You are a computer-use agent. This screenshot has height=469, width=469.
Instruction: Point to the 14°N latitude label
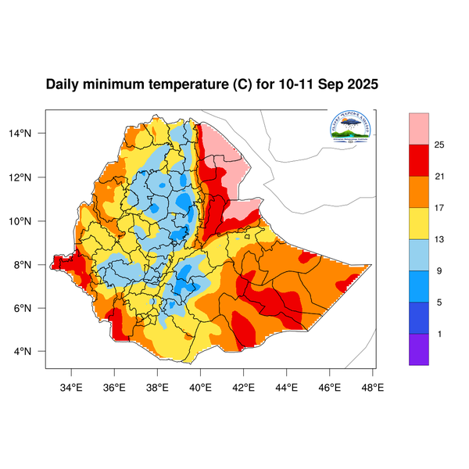[30, 134]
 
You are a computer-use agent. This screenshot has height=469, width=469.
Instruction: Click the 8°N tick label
[32, 264]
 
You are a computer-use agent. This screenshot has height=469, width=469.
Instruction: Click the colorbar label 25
[439, 145]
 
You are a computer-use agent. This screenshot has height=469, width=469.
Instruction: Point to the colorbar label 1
[439, 335]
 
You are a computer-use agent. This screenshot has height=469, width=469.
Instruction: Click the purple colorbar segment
[418, 349]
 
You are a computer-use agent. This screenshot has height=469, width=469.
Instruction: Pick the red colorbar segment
[418, 160]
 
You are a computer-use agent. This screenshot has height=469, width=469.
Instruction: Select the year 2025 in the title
[361, 84]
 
